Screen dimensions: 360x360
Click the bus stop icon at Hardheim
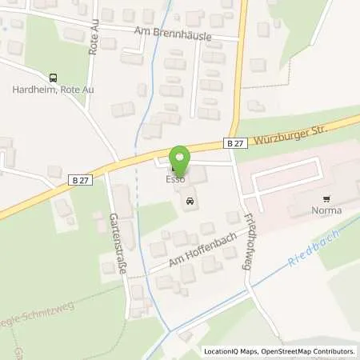(x=54, y=78)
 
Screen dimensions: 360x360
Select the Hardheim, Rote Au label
(x=61, y=90)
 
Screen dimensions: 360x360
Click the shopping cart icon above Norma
(x=326, y=198)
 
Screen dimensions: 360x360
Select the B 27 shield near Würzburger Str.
(x=234, y=142)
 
